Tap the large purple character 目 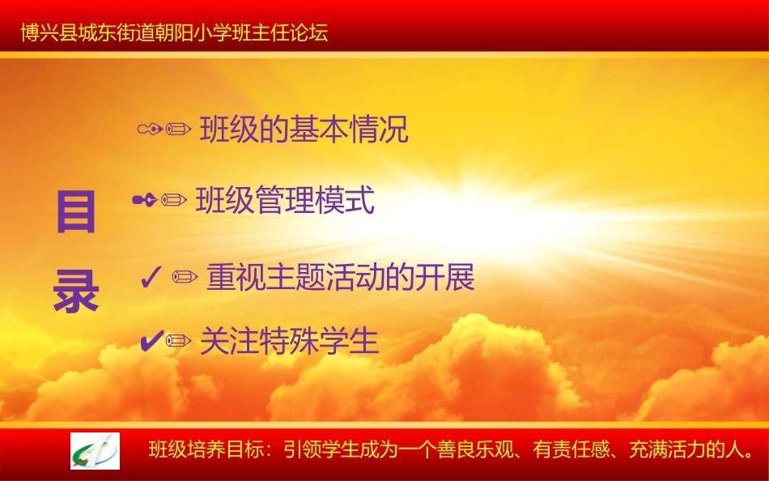tap(76, 212)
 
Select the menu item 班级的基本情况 tap(304, 130)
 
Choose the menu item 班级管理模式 tap(285, 200)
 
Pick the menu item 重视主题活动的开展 tap(340, 278)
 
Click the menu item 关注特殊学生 tap(289, 342)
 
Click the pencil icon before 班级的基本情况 tap(178, 129)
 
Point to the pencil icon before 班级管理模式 tap(174, 200)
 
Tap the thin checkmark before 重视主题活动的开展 tap(150, 278)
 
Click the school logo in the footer tap(95, 450)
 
